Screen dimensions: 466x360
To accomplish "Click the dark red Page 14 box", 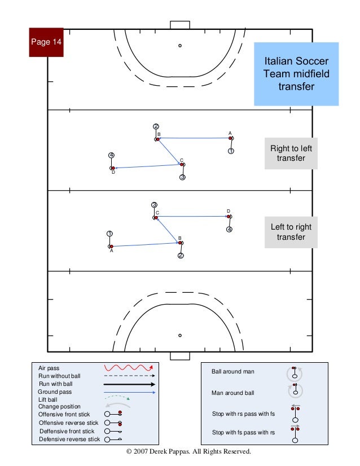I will point(46,42).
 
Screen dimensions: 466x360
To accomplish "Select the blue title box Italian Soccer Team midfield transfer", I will point(296,73).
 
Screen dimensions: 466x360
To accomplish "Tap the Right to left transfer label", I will point(291,153).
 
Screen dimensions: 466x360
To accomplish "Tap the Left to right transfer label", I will point(291,232).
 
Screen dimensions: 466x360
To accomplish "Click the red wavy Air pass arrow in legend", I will point(129,368).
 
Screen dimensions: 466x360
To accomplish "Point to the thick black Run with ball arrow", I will point(129,384).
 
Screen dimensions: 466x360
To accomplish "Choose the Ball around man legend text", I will point(232,372).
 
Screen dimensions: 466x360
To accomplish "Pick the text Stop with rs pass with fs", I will point(243,414).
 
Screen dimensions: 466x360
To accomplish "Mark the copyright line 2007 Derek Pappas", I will point(188,452).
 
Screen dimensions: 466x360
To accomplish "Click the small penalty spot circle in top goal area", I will point(180,46).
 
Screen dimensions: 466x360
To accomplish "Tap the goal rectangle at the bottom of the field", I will point(180,356).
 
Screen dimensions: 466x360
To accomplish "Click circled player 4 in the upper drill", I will point(112,155).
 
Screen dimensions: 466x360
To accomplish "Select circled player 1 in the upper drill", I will point(231,151).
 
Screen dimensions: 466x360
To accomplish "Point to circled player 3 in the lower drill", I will point(154,205).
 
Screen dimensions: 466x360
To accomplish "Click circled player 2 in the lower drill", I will point(181,256).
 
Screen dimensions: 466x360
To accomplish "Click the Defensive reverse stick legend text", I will point(69,438).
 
